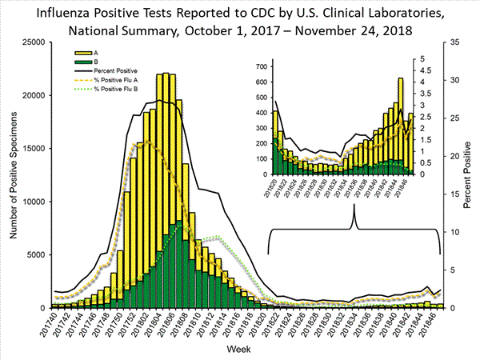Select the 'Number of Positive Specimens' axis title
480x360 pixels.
12,174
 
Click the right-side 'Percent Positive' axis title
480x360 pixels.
467,174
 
